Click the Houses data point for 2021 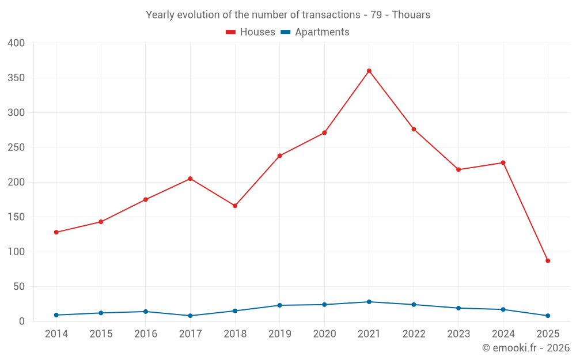tap(369, 71)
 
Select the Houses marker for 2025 tap(548, 261)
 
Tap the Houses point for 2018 tap(235, 206)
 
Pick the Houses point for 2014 tap(56, 232)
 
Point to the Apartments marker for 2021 tap(369, 302)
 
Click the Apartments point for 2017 tap(190, 316)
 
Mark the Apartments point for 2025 tap(548, 316)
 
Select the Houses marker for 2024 tap(503, 162)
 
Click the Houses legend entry tap(251, 32)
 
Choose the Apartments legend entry tap(315, 32)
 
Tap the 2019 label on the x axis tap(280, 334)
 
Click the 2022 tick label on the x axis tap(414, 334)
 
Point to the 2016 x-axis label tap(146, 334)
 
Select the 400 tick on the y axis tap(17, 43)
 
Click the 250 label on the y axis tap(17, 147)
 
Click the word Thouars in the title tap(411, 15)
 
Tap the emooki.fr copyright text tap(526, 348)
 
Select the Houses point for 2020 tap(324, 133)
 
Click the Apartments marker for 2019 tap(280, 305)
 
